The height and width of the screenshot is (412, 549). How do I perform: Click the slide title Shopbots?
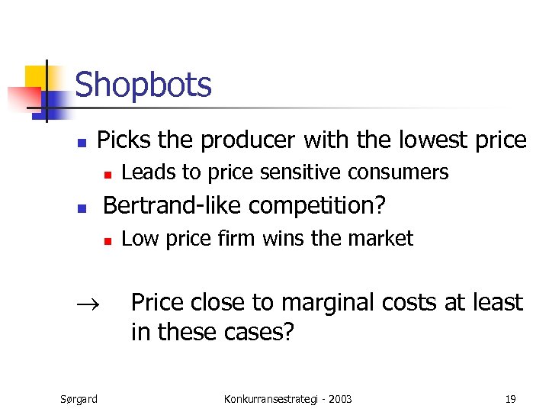pyautogui.click(x=143, y=85)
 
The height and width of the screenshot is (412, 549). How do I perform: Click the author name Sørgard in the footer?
pyautogui.click(x=79, y=398)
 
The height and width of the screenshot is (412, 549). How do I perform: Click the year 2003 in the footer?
pyautogui.click(x=339, y=398)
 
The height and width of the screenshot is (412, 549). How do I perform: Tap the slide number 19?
pyautogui.click(x=510, y=398)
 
